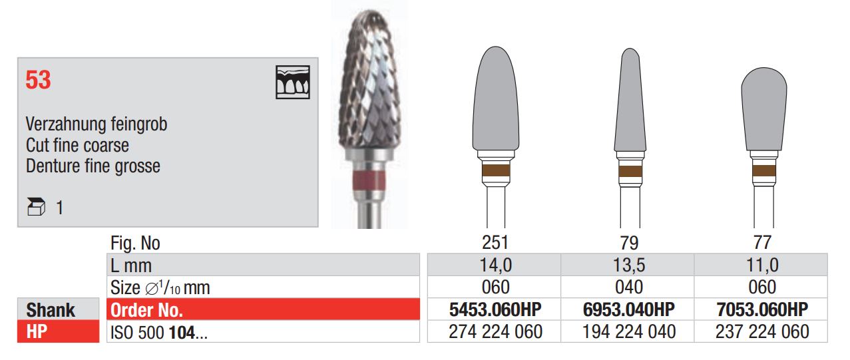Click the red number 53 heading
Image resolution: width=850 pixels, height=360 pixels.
point(38,80)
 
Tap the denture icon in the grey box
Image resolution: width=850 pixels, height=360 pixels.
point(293,83)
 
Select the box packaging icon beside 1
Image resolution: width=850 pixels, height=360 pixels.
point(37,207)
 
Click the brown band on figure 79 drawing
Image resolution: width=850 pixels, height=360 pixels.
point(630,172)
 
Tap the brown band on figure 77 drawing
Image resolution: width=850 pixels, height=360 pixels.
point(764,172)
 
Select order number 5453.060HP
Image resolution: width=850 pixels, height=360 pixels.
point(495,309)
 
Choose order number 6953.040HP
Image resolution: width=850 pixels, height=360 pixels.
point(629,309)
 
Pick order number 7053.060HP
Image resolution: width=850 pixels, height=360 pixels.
point(762,309)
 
